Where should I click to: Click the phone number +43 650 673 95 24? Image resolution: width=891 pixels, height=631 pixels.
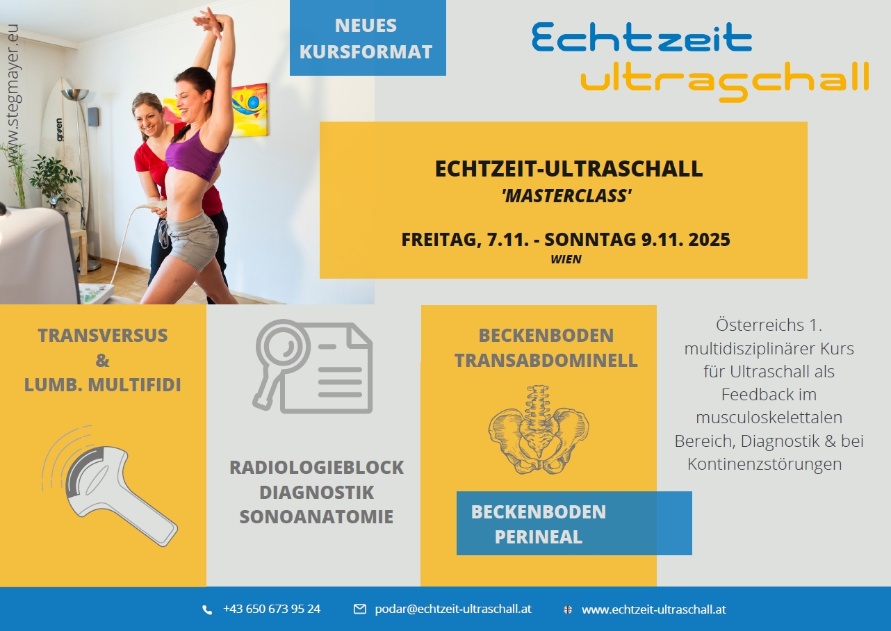coord(272,609)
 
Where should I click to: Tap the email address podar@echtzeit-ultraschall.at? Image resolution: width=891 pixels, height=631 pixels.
coord(453,609)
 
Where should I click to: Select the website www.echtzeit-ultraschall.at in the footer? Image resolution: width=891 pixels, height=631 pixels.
coord(654,609)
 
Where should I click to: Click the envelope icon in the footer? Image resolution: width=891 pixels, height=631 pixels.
coord(359,609)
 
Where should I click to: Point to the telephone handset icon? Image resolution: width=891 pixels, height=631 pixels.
coord(207,610)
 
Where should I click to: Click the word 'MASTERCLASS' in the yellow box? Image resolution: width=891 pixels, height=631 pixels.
coord(567,196)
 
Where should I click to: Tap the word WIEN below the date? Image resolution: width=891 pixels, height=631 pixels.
coord(566,259)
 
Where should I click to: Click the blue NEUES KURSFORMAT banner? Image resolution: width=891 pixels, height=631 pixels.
coord(368,38)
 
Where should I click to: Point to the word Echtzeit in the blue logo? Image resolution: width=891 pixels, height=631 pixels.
coord(641,38)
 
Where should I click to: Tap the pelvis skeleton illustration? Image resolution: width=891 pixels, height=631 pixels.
coord(539,429)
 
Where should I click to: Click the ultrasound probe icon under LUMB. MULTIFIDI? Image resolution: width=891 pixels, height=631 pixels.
coord(111,486)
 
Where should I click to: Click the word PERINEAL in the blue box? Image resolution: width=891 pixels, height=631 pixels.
coord(538,536)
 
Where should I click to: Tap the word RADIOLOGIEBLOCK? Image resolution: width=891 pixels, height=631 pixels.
coord(317,468)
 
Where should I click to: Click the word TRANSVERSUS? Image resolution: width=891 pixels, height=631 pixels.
coord(103,336)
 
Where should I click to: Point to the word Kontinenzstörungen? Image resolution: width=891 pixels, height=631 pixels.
coord(765,464)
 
